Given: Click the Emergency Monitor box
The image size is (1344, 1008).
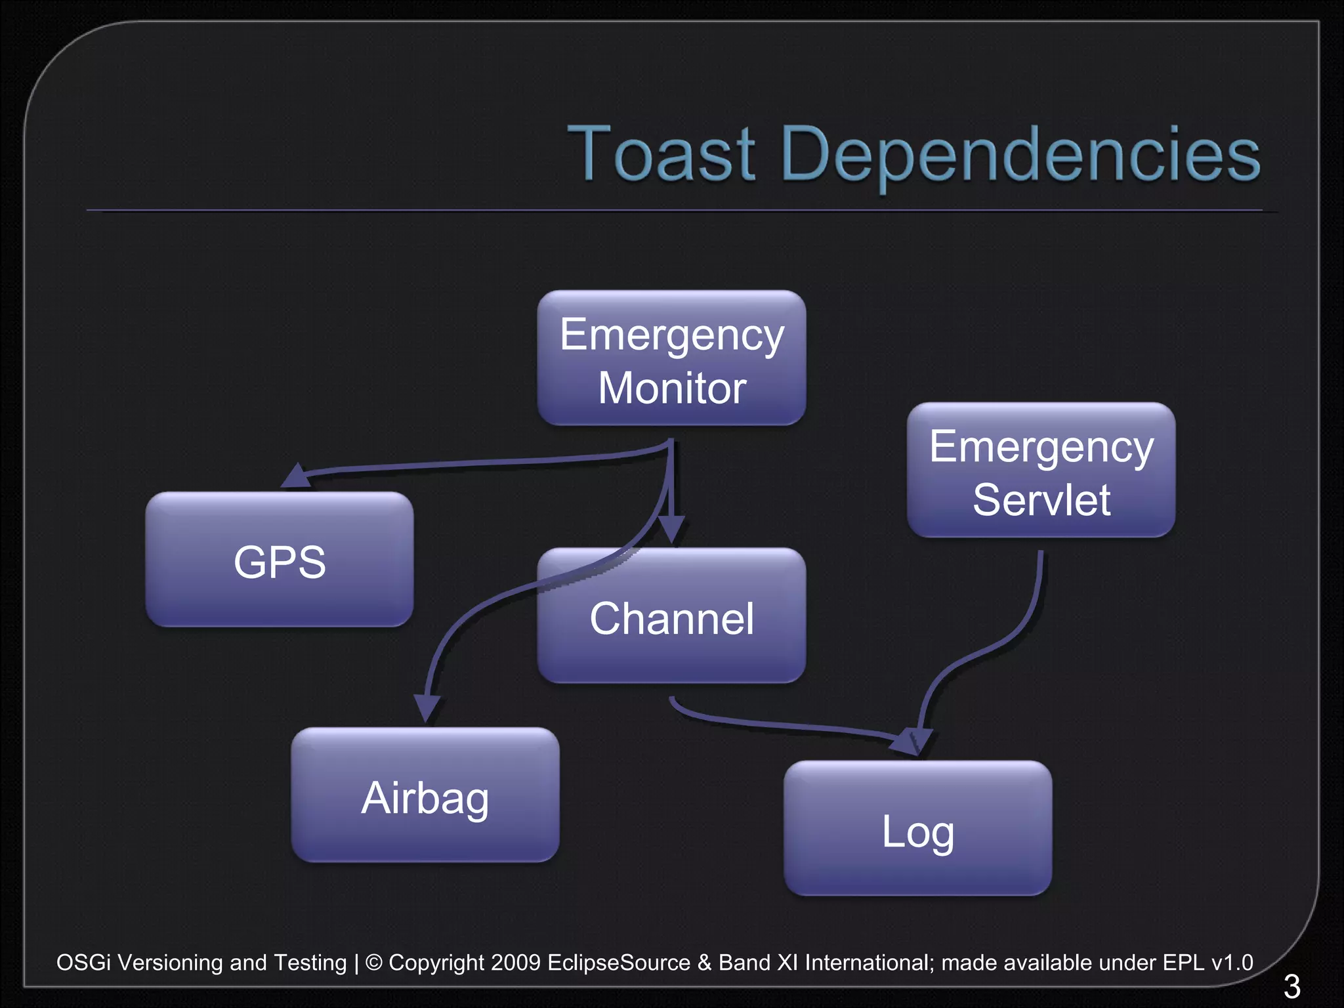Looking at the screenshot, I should (671, 358).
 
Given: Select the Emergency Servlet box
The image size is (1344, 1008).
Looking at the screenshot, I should (1041, 470).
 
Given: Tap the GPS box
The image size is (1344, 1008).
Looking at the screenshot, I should (280, 559).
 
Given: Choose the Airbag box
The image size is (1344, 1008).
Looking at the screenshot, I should (425, 795).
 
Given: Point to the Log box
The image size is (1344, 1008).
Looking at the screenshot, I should (917, 828).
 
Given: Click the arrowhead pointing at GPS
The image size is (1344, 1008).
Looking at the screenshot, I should (297, 476).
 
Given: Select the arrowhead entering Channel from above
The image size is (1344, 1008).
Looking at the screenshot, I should (671, 529).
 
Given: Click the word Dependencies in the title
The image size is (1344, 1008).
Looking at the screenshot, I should (1020, 155).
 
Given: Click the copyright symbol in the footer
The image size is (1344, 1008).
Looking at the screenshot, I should (373, 963).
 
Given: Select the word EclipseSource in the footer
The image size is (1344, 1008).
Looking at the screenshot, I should (618, 963).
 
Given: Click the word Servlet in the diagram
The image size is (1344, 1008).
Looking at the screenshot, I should (1041, 500).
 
